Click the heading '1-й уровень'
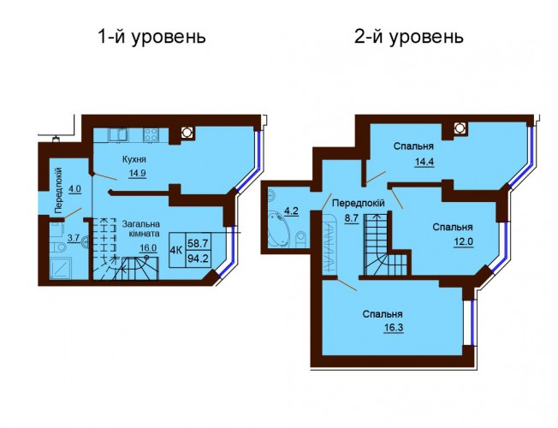(x=151, y=37)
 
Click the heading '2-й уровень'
(x=409, y=37)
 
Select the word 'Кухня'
(x=134, y=159)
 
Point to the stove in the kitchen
(x=151, y=135)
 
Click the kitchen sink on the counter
(x=119, y=135)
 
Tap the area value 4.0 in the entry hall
(x=74, y=188)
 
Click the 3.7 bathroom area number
(x=74, y=238)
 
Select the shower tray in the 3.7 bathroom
(x=61, y=268)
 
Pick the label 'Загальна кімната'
(x=141, y=229)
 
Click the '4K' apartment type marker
(x=176, y=250)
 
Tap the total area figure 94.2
(x=199, y=259)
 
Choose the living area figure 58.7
(x=199, y=243)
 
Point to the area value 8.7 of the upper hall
(x=351, y=218)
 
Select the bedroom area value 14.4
(x=423, y=162)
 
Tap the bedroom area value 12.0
(x=463, y=241)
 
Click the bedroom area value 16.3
(x=394, y=327)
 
